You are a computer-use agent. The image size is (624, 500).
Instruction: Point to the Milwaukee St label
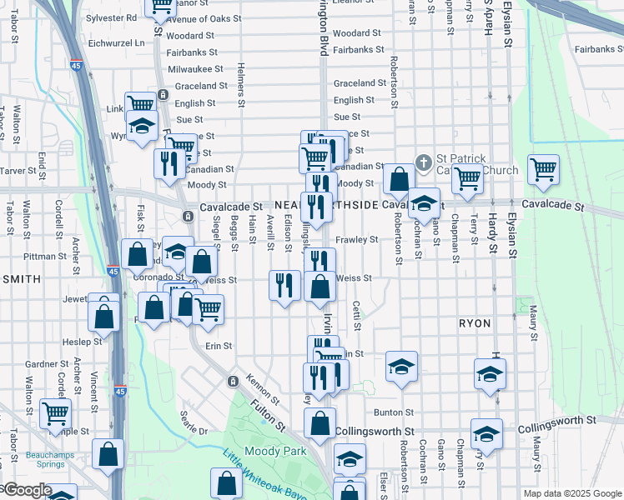point(195,69)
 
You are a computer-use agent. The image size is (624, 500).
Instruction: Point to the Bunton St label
point(394,412)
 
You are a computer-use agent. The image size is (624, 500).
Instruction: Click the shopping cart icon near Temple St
point(55,412)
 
